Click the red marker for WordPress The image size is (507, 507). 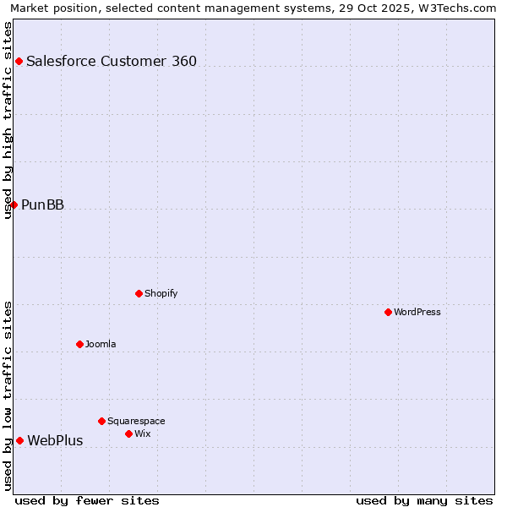(x=388, y=312)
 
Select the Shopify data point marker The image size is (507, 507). (x=139, y=293)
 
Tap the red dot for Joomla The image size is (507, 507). (x=79, y=344)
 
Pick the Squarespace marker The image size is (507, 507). (x=101, y=421)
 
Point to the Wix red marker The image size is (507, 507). (x=128, y=433)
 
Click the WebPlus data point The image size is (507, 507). (x=19, y=440)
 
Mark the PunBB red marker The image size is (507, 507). (x=14, y=204)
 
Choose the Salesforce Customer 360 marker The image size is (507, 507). (x=19, y=61)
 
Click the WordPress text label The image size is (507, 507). (x=417, y=312)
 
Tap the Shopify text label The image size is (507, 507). (x=161, y=293)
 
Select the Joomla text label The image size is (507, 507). (x=101, y=344)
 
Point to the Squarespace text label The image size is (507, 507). (x=136, y=421)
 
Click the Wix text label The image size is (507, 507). (x=142, y=433)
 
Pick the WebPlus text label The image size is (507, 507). (x=55, y=440)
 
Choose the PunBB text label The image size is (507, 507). (x=42, y=204)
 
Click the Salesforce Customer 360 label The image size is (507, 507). (x=112, y=61)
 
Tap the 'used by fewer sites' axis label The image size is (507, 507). (x=87, y=500)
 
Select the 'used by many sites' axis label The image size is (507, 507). (x=424, y=500)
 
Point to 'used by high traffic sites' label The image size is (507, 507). (x=8, y=120)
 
